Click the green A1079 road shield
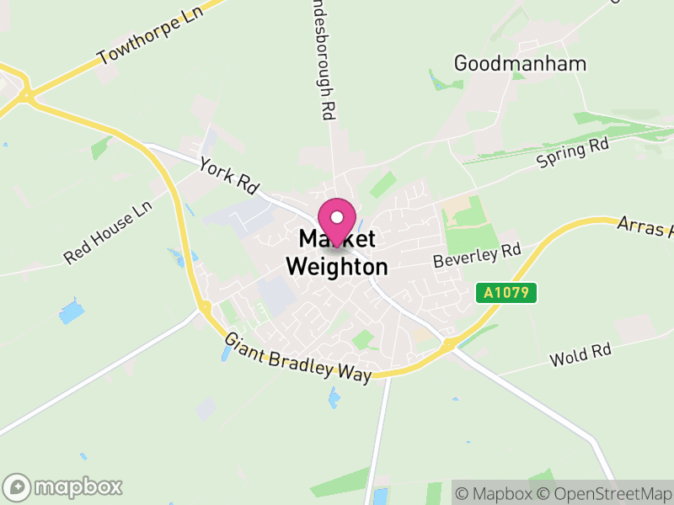click(x=506, y=293)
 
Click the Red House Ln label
click(x=108, y=232)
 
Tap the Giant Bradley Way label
click(x=297, y=358)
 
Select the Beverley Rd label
click(x=477, y=256)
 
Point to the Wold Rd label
click(x=580, y=354)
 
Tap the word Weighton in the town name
click(x=337, y=267)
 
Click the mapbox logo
click(x=64, y=486)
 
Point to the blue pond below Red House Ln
click(x=72, y=312)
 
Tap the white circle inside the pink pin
click(x=337, y=216)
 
